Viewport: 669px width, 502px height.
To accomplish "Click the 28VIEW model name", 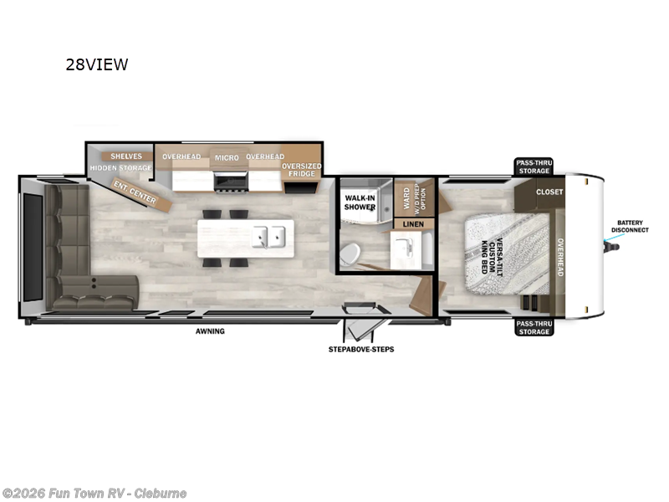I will pos(97,64).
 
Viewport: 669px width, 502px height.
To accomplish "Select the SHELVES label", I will pos(126,156).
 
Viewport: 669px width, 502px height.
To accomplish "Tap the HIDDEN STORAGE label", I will pos(121,168).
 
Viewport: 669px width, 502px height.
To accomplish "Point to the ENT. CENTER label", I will pos(135,192).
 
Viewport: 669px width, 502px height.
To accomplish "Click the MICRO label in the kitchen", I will pos(226,157).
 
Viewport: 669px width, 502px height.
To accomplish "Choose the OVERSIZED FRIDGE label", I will pos(301,170).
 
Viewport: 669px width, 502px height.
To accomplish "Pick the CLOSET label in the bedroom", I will pos(549,192).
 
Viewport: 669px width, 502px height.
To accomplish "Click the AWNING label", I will pos(211,331).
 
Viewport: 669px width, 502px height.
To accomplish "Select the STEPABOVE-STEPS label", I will pos(361,349).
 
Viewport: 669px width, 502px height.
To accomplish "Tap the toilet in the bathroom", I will pos(352,252).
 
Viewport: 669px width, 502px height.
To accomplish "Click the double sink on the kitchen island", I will pos(270,237).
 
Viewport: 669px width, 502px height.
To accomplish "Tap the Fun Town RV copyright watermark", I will pos(94,493).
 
